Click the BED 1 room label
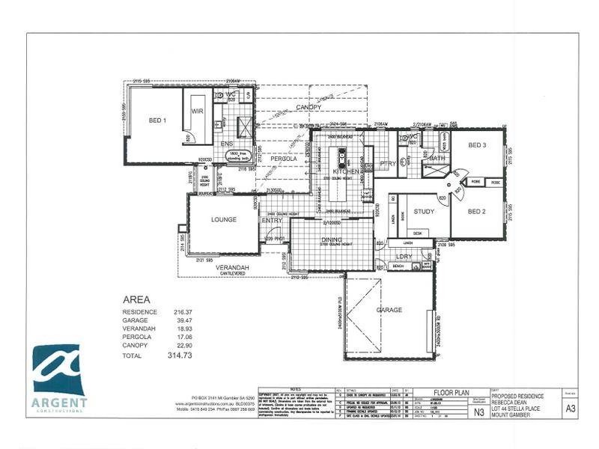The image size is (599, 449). (x=157, y=120)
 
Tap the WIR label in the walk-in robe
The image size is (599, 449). (x=198, y=111)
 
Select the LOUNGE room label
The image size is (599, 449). (x=223, y=220)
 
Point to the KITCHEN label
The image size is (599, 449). (x=346, y=172)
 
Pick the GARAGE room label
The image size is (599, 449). (x=389, y=310)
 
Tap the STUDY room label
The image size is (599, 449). (x=424, y=212)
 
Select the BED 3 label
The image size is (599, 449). (x=478, y=145)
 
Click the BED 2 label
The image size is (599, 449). (x=477, y=212)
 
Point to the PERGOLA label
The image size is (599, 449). (x=284, y=159)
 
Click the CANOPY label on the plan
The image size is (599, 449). (x=308, y=108)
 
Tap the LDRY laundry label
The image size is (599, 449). (x=404, y=257)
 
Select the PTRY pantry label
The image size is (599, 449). (x=387, y=164)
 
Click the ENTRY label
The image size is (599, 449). (x=271, y=222)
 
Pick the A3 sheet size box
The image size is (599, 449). (x=570, y=409)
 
